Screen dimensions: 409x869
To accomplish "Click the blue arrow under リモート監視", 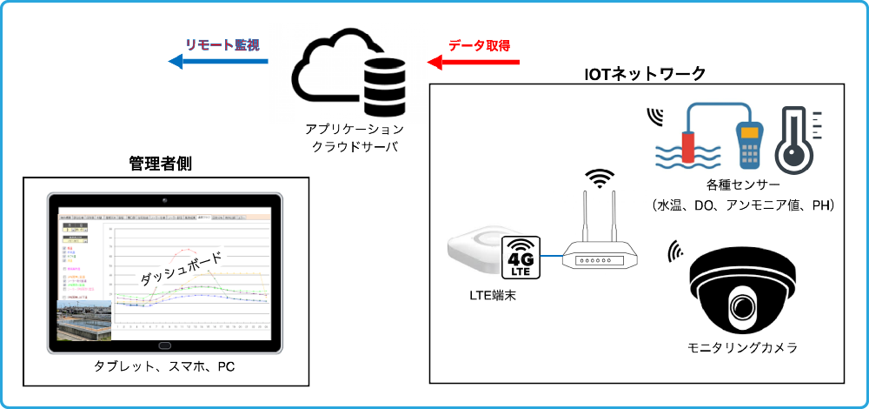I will tap(217, 62).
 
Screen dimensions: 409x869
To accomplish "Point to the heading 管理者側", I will tap(160, 163).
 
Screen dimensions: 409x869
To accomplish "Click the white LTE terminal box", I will tap(477, 252).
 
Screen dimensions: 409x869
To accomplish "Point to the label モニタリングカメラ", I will tap(742, 348).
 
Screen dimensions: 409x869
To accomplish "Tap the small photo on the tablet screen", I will tap(84, 320).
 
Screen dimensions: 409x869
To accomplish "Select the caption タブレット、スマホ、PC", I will tap(165, 366).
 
